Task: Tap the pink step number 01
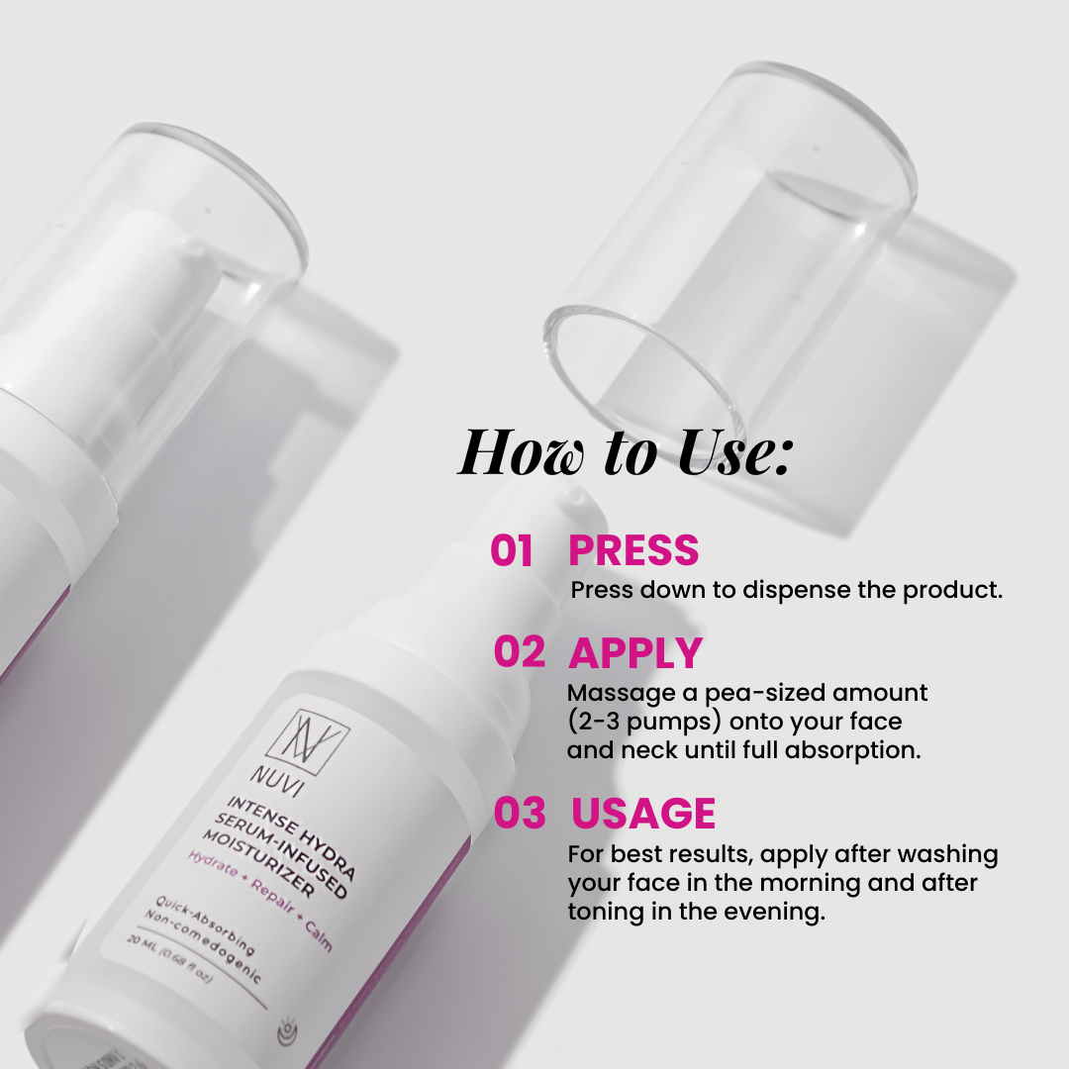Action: [512, 550]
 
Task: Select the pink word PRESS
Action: [633, 550]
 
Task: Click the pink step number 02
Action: [520, 651]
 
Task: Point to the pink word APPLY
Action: [635, 653]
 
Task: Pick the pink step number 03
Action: [520, 813]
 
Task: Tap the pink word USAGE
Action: [643, 813]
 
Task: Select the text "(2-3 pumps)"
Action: [644, 722]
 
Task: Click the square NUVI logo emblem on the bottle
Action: [308, 742]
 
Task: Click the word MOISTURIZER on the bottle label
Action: [259, 862]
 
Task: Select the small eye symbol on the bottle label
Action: [288, 1032]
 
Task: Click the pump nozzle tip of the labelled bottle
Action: [575, 497]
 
